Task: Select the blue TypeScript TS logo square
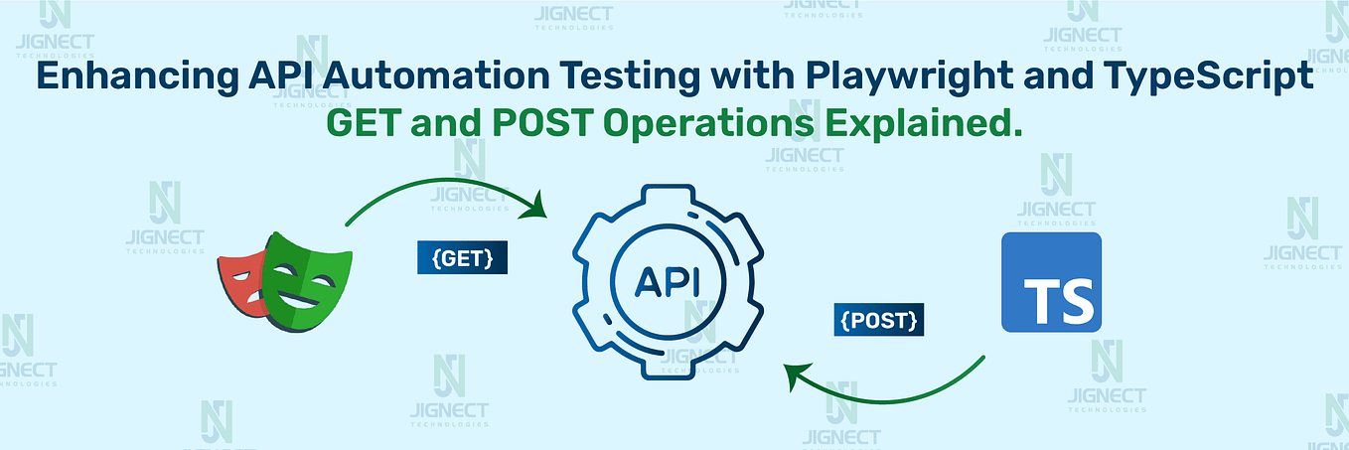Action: click(1051, 282)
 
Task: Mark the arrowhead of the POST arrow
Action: click(792, 375)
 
